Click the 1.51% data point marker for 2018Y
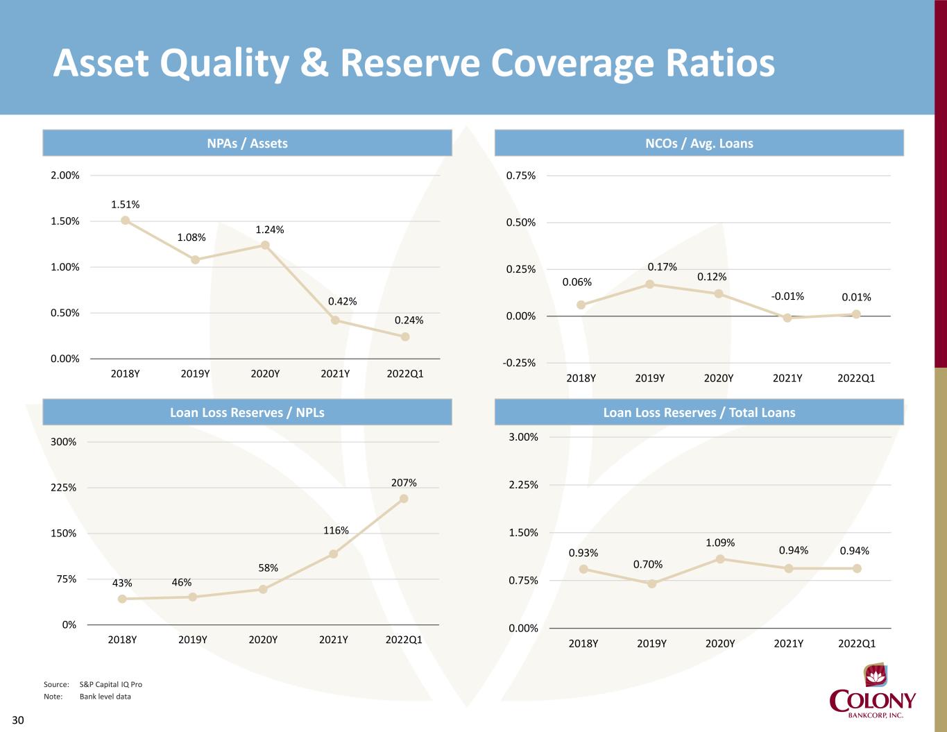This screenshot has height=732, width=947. pyautogui.click(x=126, y=220)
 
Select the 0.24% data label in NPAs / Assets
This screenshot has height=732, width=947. pyautogui.click(x=409, y=320)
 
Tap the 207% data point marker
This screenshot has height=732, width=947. pyautogui.click(x=404, y=498)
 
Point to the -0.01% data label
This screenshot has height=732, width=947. pyautogui.click(x=787, y=296)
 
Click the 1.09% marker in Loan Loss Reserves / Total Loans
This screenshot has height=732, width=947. pyautogui.click(x=720, y=559)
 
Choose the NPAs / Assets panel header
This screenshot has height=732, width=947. pyautogui.click(x=247, y=143)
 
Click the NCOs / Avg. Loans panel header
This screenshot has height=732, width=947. pyautogui.click(x=699, y=143)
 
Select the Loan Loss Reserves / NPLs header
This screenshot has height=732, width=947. pyautogui.click(x=247, y=412)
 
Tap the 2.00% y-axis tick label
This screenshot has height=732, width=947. pyautogui.click(x=65, y=176)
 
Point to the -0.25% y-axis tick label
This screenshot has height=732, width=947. pyautogui.click(x=520, y=363)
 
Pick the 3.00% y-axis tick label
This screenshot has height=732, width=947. pyautogui.click(x=524, y=437)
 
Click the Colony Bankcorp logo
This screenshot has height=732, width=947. pyautogui.click(x=873, y=694)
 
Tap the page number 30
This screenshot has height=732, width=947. pyautogui.click(x=17, y=720)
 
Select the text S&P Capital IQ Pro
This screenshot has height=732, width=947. pyautogui.click(x=111, y=684)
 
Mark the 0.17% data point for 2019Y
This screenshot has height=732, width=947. pyautogui.click(x=650, y=284)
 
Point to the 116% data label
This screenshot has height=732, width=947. pyautogui.click(x=336, y=531)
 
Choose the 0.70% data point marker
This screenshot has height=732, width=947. pyautogui.click(x=651, y=584)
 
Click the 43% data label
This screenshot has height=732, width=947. pyautogui.click(x=122, y=583)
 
